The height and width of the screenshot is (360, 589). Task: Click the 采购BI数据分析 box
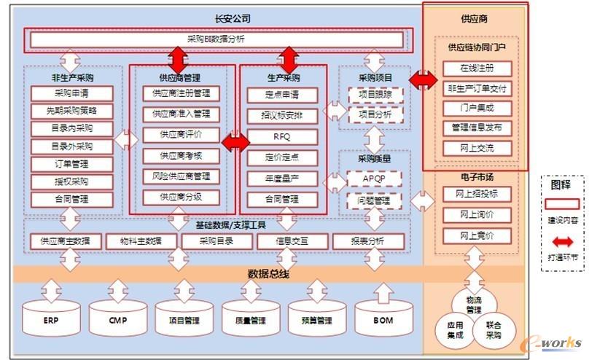pos(216,40)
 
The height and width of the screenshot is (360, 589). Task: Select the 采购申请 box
pos(72,93)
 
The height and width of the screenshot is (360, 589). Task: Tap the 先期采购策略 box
pos(72,111)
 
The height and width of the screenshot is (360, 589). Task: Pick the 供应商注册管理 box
pos(182,93)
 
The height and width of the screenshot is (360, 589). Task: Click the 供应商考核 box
pos(182,155)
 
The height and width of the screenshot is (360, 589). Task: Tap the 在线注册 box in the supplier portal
pos(477,69)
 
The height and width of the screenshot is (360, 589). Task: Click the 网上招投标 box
pos(477,195)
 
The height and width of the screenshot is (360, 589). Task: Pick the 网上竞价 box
pos(477,235)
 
